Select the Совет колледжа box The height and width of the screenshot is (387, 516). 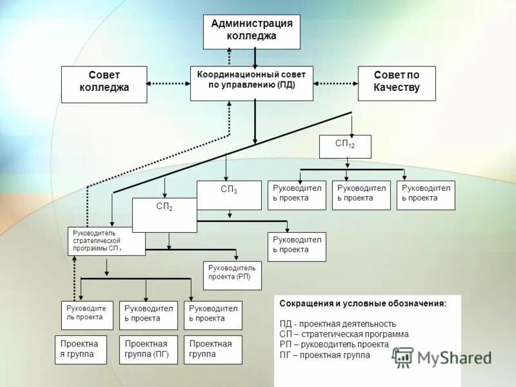tap(104, 84)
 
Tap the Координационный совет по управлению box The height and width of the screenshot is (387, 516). tap(252, 83)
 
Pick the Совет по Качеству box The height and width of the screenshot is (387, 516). tap(397, 83)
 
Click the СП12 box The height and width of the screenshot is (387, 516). tap(345, 146)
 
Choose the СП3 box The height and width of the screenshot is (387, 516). tap(229, 195)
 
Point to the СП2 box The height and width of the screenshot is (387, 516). tap(164, 215)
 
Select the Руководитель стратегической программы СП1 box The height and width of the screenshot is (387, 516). tap(106, 241)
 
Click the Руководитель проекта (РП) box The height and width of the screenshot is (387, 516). tap(232, 275)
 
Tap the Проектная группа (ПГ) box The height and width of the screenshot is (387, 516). tap(148, 350)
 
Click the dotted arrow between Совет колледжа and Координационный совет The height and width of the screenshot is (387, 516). tap(168, 83)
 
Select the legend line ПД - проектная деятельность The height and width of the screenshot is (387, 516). tap(337, 324)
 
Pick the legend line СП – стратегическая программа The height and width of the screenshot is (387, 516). tap(344, 334)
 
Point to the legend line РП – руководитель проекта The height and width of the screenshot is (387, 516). tap(333, 344)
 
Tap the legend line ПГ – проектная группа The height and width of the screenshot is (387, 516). tap(324, 355)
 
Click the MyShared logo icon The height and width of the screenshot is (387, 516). tap(404, 357)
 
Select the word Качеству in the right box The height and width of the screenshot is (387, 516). tap(397, 88)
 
